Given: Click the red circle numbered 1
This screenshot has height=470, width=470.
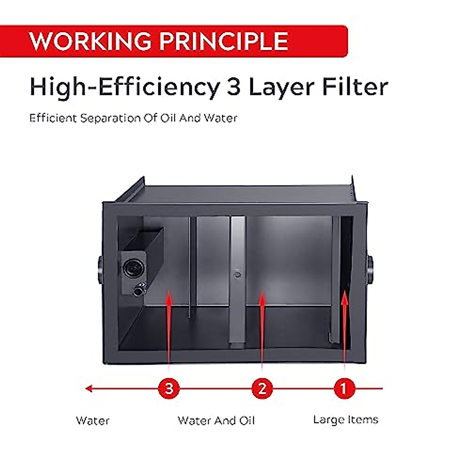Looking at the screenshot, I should pyautogui.click(x=344, y=389).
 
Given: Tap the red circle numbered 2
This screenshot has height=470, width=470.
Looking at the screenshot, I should pyautogui.click(x=262, y=389).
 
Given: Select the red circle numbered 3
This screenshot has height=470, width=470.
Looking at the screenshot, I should pyautogui.click(x=169, y=389).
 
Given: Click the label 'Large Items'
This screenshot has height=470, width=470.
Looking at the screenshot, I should pyautogui.click(x=345, y=420).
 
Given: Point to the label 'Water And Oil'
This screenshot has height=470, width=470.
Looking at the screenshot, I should pyautogui.click(x=216, y=421).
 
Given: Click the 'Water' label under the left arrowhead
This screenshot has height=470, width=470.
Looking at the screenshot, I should pyautogui.click(x=92, y=421).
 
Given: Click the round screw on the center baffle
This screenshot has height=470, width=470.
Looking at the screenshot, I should pyautogui.click(x=237, y=275).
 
